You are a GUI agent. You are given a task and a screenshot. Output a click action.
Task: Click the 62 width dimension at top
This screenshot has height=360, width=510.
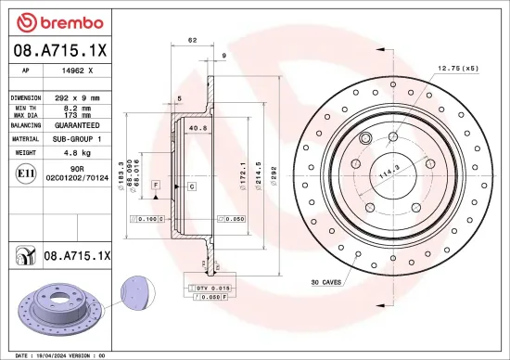coord(192,41)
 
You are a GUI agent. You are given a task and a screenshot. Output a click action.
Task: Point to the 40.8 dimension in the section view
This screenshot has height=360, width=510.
coord(197,127)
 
